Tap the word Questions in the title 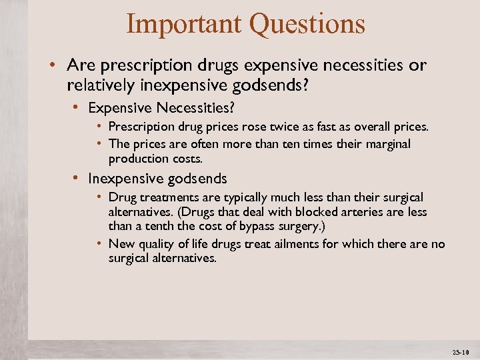tap(307, 24)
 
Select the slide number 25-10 tap(461, 351)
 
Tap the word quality tap(157, 244)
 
